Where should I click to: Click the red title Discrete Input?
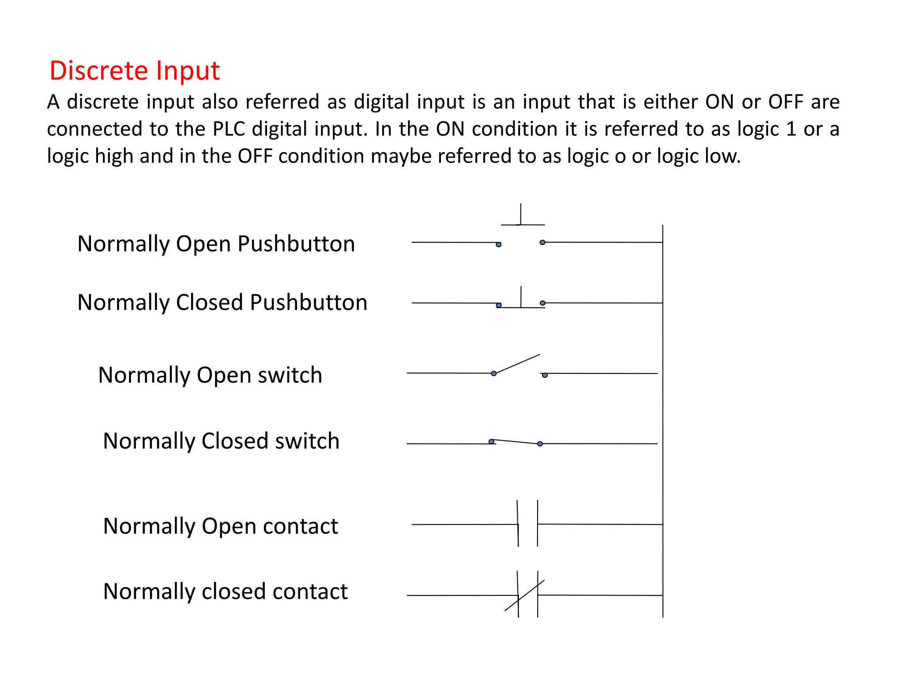pos(135,71)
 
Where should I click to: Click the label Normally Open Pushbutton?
pos(216,244)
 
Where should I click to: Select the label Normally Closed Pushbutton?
pos(222,302)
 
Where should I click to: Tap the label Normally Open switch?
pos(210,375)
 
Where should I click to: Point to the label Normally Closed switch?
pos(221,441)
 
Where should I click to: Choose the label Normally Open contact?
pos(220,526)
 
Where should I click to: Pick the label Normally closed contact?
pos(225,591)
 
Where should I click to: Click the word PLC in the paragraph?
pos(229,129)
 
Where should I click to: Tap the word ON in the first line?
pos(719,102)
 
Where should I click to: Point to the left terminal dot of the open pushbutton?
pos(499,245)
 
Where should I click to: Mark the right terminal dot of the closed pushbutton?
pos(542,303)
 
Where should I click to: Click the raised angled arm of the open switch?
pos(517,364)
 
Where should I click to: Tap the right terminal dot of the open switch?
pos(545,375)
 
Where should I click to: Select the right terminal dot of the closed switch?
pos(540,444)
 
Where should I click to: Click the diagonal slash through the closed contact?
pos(524,595)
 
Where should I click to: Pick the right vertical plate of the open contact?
pos(538,524)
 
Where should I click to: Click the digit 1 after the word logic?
pos(791,129)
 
